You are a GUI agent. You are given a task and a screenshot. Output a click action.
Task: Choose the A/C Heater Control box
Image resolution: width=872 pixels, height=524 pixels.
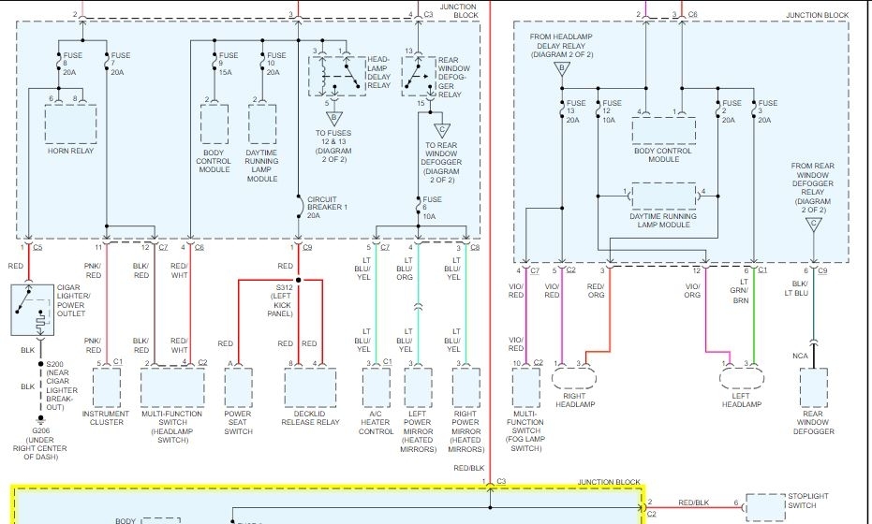point(376,387)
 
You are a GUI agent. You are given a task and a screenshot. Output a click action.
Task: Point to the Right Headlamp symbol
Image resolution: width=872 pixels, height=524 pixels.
point(573,377)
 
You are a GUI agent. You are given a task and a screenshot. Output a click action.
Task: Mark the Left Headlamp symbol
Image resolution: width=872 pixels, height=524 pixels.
point(740,377)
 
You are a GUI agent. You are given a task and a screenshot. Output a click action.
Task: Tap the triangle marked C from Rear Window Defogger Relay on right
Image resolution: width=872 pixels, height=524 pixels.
point(813,223)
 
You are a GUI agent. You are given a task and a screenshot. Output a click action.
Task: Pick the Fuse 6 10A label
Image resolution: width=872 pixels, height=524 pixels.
point(431,206)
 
